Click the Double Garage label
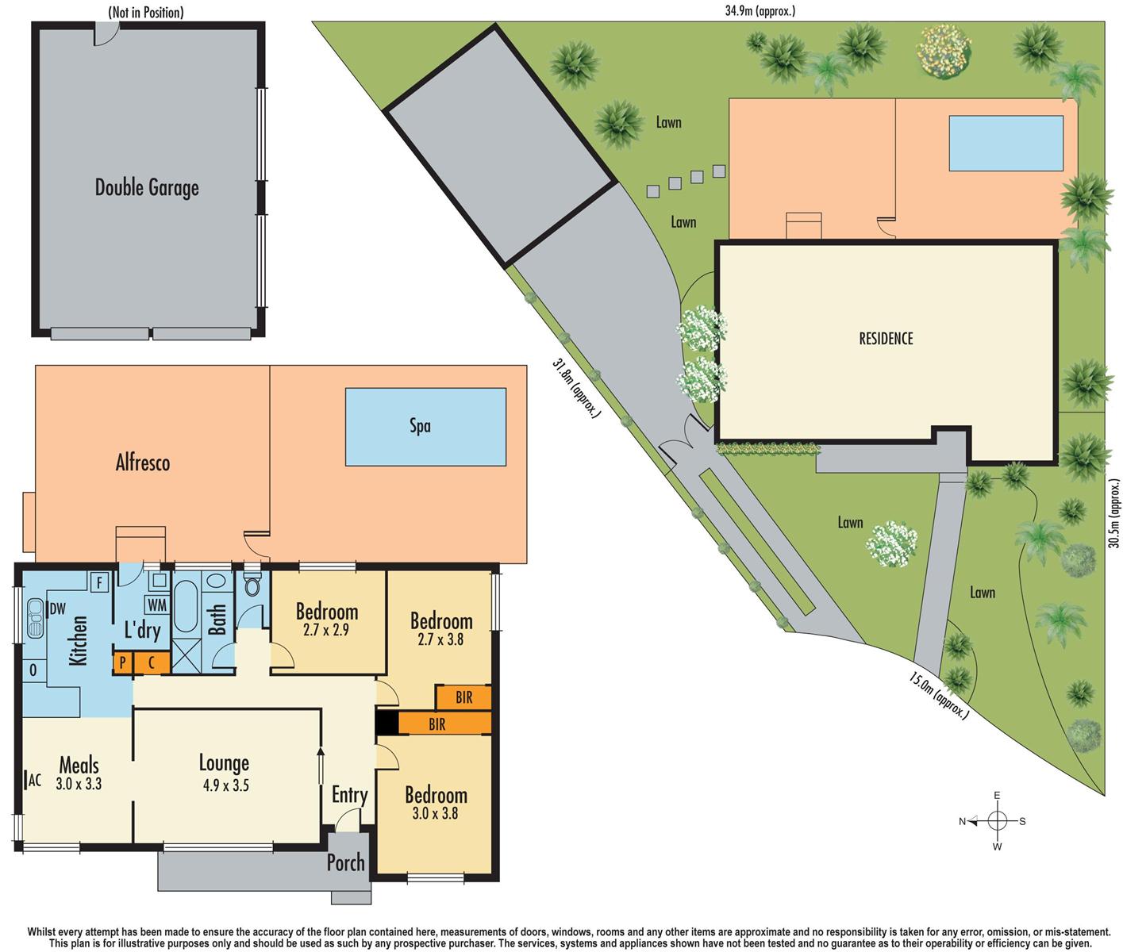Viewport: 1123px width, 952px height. tap(147, 187)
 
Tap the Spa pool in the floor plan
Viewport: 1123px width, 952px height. tap(425, 426)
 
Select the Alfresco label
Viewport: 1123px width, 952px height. tap(143, 463)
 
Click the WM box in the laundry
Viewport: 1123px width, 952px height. tap(158, 605)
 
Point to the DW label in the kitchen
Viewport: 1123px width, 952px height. tap(57, 609)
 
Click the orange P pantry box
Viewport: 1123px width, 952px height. tap(122, 662)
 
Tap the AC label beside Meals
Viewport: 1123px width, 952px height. tap(34, 780)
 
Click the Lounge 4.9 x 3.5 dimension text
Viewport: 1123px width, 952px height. tap(224, 785)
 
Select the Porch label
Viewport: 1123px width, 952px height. tap(346, 862)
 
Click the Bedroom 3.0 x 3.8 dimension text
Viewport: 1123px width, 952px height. tap(436, 813)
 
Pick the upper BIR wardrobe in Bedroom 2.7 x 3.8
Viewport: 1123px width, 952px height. tap(463, 698)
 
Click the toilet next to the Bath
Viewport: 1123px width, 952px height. tap(253, 586)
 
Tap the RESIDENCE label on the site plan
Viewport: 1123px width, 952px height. tap(886, 339)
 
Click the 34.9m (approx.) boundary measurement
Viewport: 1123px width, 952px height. tap(760, 11)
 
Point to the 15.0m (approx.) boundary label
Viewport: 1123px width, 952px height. tap(939, 696)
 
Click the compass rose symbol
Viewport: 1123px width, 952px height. tap(998, 821)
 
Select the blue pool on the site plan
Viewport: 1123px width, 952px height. tap(1006, 143)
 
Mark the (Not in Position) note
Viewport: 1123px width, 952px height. tap(145, 12)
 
